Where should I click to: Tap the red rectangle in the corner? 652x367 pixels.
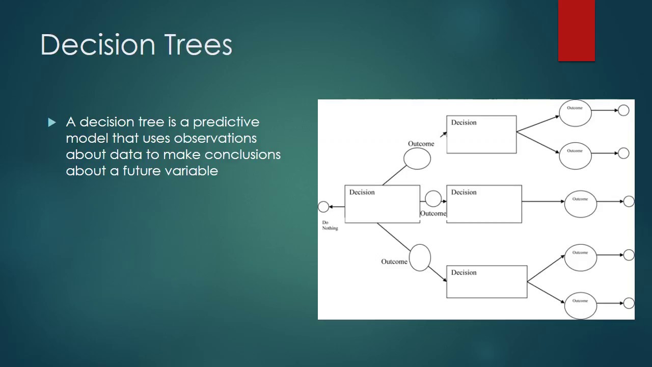[x=576, y=31]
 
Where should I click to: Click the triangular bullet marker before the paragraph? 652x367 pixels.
[x=52, y=122]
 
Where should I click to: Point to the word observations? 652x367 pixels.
[x=215, y=138]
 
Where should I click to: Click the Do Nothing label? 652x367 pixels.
[x=330, y=225]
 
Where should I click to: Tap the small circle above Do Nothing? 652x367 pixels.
[x=323, y=206]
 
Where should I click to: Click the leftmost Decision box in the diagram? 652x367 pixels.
[x=382, y=204]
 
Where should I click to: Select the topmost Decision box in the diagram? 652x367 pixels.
[x=481, y=135]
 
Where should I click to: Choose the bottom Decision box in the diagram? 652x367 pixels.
[x=486, y=282]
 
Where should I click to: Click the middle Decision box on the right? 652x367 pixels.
[x=484, y=204]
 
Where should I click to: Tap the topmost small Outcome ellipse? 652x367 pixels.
[x=575, y=113]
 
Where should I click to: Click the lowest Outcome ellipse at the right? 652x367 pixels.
[x=580, y=305]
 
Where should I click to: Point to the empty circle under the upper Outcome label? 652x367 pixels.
[x=417, y=159]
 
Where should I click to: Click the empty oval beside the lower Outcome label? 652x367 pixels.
[x=420, y=257]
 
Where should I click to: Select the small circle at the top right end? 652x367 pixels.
[x=623, y=110]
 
